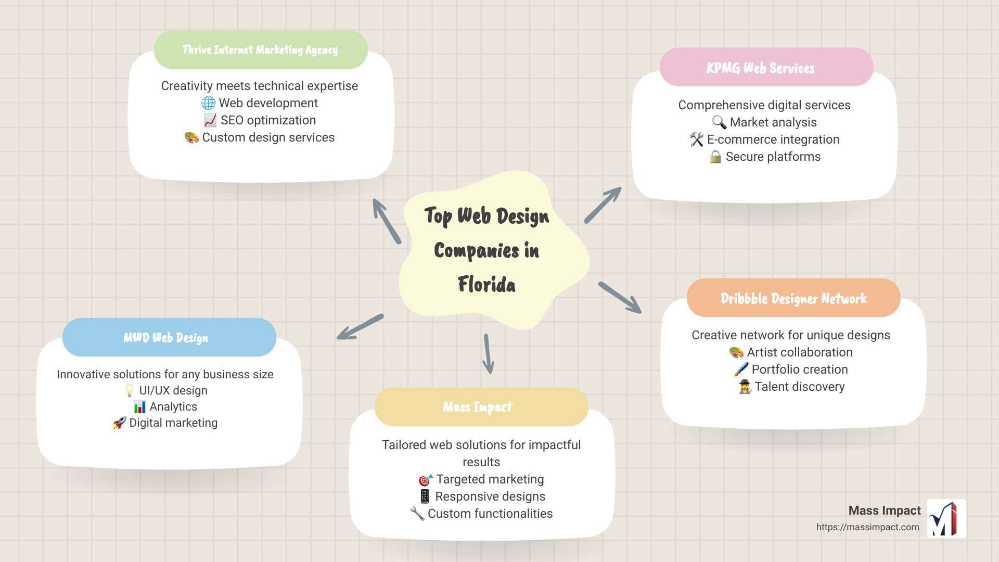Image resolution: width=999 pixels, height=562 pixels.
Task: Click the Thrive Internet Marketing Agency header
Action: pyautogui.click(x=261, y=50)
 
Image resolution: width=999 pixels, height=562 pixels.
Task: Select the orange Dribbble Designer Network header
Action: pyautogui.click(x=793, y=298)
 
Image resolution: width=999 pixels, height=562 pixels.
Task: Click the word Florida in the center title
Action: pyautogui.click(x=486, y=285)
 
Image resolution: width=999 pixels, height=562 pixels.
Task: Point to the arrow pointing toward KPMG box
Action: pyautogui.click(x=603, y=205)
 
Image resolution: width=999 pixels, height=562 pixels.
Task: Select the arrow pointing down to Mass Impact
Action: pyautogui.click(x=488, y=354)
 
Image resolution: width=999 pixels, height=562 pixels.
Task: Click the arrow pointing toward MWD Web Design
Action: pyautogui.click(x=360, y=327)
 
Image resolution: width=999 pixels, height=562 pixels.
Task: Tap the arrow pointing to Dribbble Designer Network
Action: pyautogui.click(x=620, y=298)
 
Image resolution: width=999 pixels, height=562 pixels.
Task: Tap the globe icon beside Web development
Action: pyautogui.click(x=208, y=103)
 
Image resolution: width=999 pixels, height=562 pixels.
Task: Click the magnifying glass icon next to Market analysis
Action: pyautogui.click(x=719, y=122)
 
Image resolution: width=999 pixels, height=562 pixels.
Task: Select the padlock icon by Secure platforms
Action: pyautogui.click(x=715, y=157)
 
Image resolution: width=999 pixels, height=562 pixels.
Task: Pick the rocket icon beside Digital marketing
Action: pyautogui.click(x=120, y=423)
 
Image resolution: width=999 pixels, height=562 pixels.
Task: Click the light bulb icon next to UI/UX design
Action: pyautogui.click(x=130, y=391)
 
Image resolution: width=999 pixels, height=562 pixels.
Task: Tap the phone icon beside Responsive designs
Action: pyautogui.click(x=425, y=496)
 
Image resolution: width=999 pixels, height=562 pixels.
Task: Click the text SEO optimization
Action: pyautogui.click(x=268, y=120)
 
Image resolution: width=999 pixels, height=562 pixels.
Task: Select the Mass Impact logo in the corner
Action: pyautogui.click(x=946, y=518)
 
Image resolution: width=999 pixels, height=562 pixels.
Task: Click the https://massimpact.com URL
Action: pyautogui.click(x=867, y=527)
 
